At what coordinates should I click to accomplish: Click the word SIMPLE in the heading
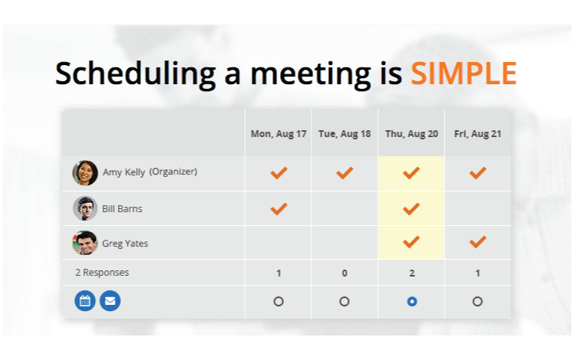pyautogui.click(x=464, y=74)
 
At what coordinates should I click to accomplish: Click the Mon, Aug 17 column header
pyautogui.click(x=279, y=134)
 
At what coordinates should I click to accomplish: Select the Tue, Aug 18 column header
pyautogui.click(x=344, y=134)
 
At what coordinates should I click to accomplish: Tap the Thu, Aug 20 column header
pyautogui.click(x=412, y=134)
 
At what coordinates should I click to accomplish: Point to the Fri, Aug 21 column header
pyautogui.click(x=478, y=134)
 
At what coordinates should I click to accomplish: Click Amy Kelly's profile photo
pyautogui.click(x=85, y=173)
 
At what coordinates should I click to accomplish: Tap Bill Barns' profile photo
pyautogui.click(x=85, y=208)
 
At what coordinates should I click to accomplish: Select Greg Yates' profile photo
pyautogui.click(x=85, y=243)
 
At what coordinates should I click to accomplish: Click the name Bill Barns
pyautogui.click(x=122, y=209)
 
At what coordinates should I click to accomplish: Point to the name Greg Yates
pyautogui.click(x=126, y=244)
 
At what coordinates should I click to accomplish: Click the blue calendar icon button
pyautogui.click(x=85, y=301)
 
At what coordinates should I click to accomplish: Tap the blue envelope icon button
pyautogui.click(x=110, y=301)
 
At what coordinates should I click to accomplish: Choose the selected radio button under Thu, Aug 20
pyautogui.click(x=412, y=301)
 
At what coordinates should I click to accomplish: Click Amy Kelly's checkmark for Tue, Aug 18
pyautogui.click(x=344, y=173)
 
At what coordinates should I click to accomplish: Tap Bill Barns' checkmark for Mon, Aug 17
pyautogui.click(x=279, y=209)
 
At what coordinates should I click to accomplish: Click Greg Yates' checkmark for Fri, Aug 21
pyautogui.click(x=478, y=242)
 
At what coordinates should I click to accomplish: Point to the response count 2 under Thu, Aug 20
pyautogui.click(x=412, y=273)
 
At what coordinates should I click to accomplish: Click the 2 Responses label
pyautogui.click(x=102, y=273)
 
